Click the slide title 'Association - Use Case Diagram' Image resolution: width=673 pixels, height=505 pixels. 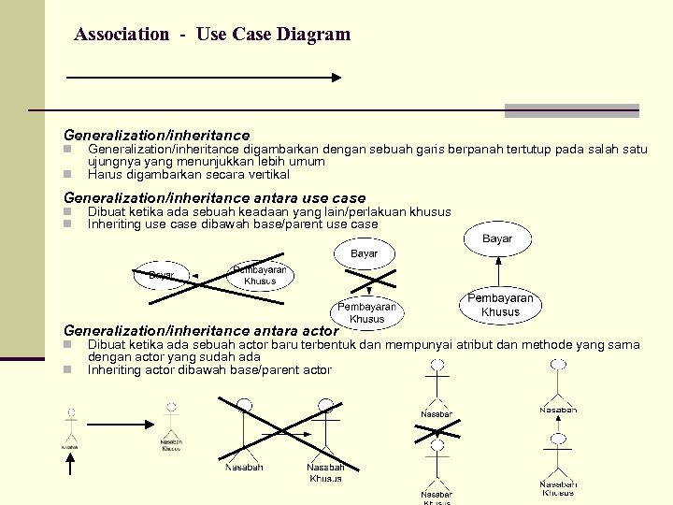pyautogui.click(x=212, y=35)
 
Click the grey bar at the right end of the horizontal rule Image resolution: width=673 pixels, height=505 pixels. pyautogui.click(x=571, y=110)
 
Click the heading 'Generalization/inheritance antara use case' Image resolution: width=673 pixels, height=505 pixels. pyautogui.click(x=214, y=197)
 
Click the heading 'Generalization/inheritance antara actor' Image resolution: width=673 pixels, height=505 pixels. pyautogui.click(x=200, y=330)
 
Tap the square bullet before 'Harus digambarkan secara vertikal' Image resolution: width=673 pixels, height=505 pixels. pyautogui.click(x=67, y=175)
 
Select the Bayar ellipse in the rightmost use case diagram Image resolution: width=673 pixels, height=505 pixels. pyautogui.click(x=497, y=239)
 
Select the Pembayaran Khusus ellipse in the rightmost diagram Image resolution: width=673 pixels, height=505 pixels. pyautogui.click(x=500, y=306)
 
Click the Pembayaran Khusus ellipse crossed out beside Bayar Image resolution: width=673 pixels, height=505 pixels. pyautogui.click(x=260, y=275)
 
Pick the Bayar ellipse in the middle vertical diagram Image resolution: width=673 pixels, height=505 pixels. pyautogui.click(x=365, y=254)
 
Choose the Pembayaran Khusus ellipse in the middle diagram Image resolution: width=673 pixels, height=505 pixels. pyautogui.click(x=366, y=312)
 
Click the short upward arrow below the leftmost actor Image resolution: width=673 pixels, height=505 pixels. pyautogui.click(x=70, y=431)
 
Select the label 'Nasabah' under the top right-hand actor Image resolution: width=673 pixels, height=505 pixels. pyautogui.click(x=558, y=410)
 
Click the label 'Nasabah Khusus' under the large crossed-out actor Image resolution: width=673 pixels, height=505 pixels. pyautogui.click(x=325, y=472)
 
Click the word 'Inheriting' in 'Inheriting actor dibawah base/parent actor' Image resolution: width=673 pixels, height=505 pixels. pyautogui.click(x=115, y=369)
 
